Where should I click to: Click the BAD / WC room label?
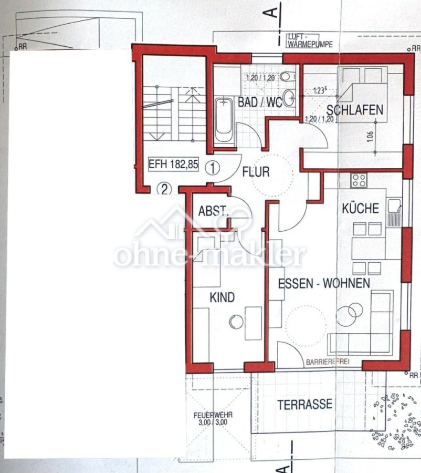(260, 102)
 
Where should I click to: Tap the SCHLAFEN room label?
(355, 110)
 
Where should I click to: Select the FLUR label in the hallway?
(256, 171)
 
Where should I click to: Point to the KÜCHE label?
(360, 208)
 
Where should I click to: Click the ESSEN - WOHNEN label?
(323, 283)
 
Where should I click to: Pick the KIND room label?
(222, 297)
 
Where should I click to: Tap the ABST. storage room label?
(213, 211)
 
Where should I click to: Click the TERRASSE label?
(304, 404)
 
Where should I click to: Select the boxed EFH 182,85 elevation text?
(173, 164)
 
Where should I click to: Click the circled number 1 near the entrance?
(212, 169)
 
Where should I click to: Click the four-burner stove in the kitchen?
(360, 181)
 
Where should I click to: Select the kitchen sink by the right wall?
(394, 211)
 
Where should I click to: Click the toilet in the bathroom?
(287, 77)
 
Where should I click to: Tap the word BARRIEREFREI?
(327, 362)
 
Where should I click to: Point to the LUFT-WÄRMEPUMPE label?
(310, 41)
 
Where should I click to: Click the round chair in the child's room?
(236, 322)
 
